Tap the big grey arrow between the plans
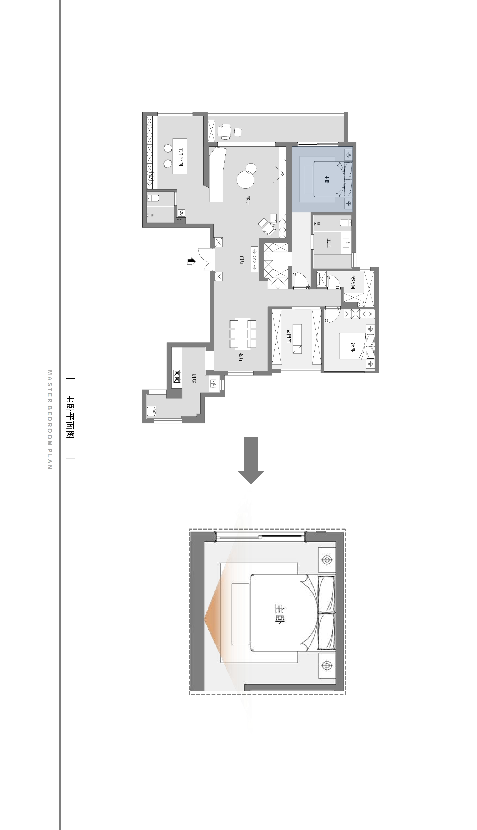[x=251, y=461]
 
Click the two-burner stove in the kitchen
[x=177, y=376]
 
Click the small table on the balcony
[x=226, y=132]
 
